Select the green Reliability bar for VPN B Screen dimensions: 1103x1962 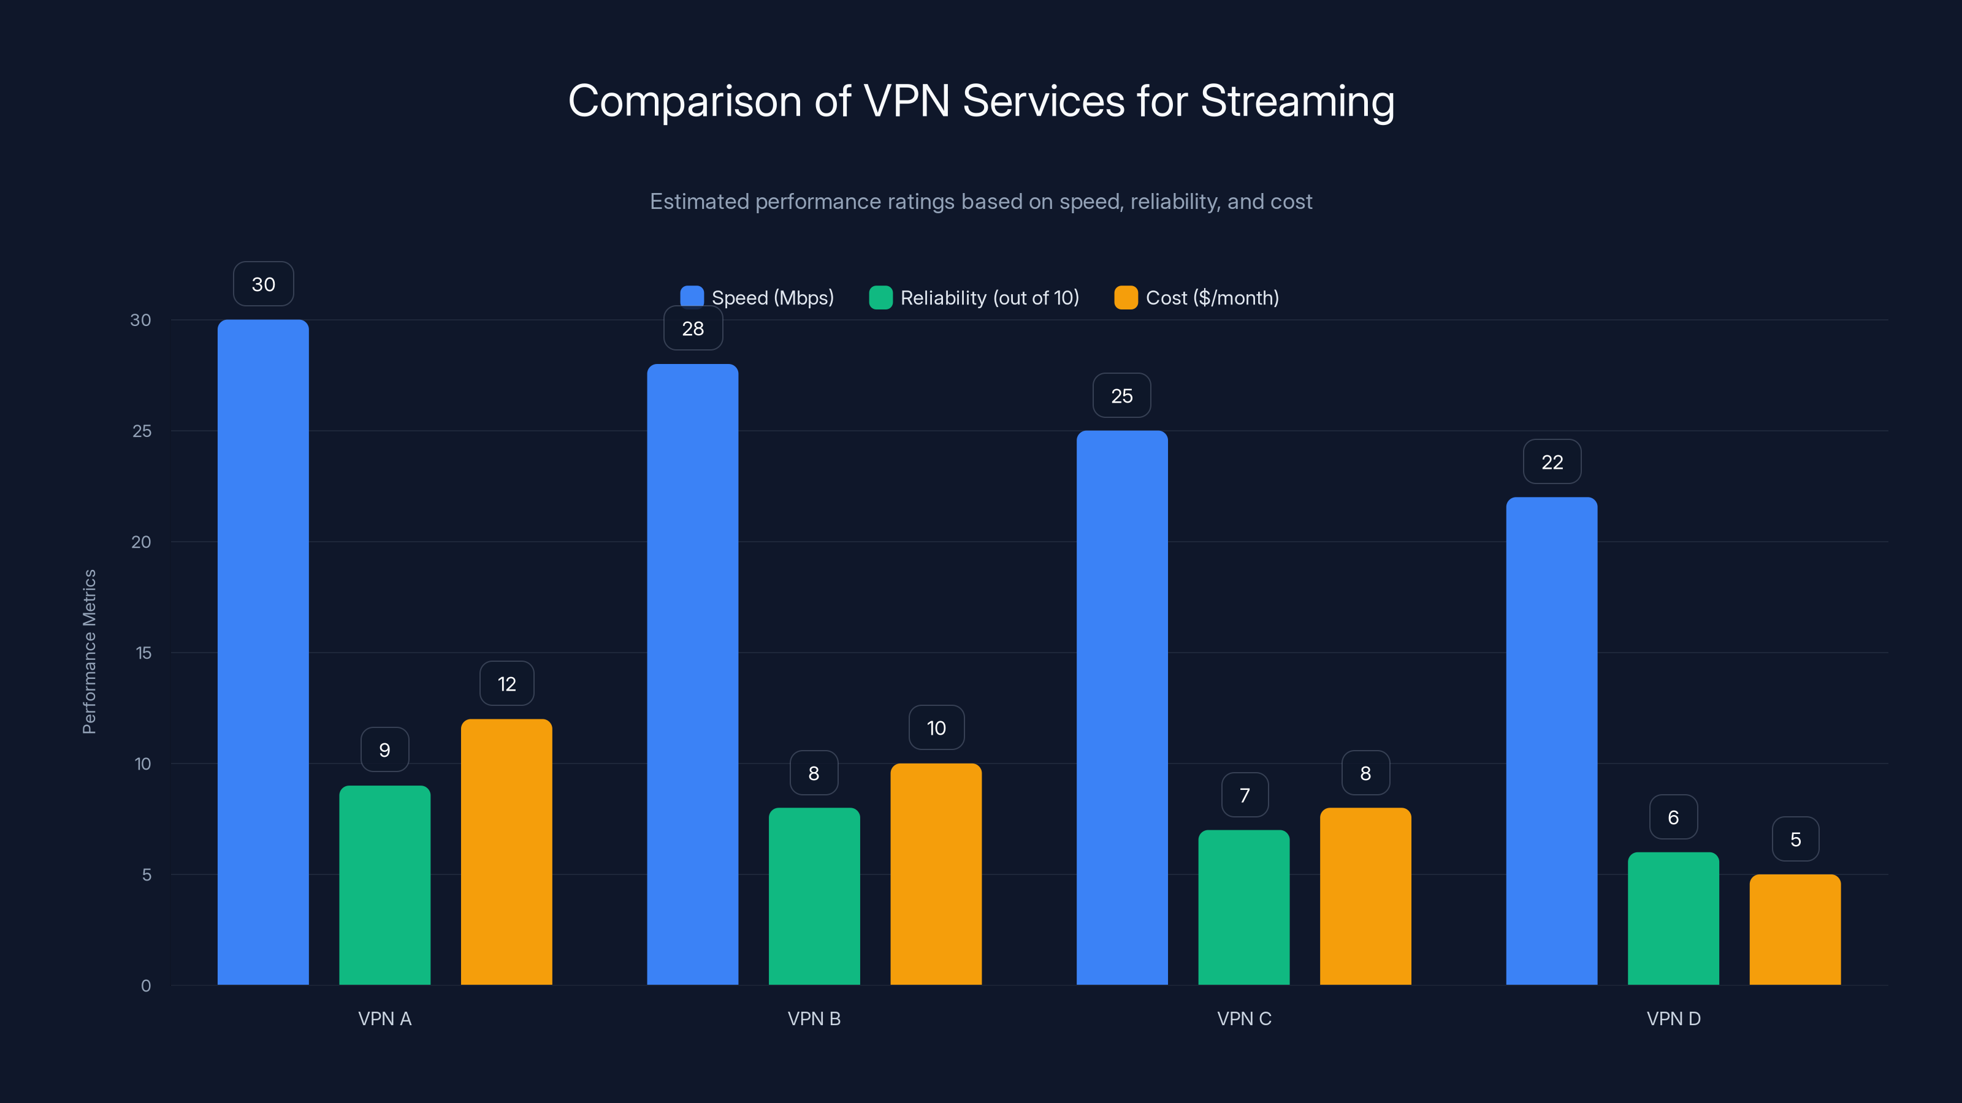point(814,896)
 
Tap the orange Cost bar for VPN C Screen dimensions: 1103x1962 point(1365,896)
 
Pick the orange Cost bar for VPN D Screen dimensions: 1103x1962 point(1795,930)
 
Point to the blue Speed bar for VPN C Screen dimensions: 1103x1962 point(1121,707)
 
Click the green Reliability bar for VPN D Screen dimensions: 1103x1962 point(1673,918)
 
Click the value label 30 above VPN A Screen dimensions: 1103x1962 point(263,284)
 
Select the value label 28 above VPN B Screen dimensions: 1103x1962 point(692,328)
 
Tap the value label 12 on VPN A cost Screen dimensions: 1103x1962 point(506,684)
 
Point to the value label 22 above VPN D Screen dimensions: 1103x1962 point(1551,461)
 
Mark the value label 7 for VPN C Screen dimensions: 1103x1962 point(1244,795)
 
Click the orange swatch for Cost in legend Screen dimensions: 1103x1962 point(1125,298)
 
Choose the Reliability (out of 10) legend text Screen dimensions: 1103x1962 point(990,298)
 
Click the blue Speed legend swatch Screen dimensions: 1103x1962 point(692,296)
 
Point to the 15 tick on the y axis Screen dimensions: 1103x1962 point(143,653)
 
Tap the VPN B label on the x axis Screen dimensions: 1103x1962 point(814,1018)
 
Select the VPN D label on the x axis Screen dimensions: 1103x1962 point(1673,1018)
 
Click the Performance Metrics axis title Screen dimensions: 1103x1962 point(89,651)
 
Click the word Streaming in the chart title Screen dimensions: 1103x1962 point(1297,101)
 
